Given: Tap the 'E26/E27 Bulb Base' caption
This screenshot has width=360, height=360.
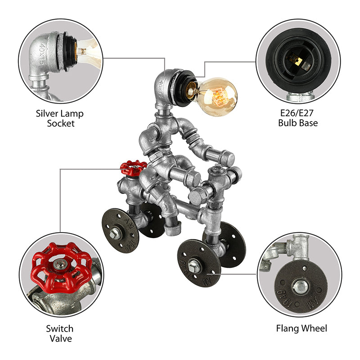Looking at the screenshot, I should click(x=298, y=118).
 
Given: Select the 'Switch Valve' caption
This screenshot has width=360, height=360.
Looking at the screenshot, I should click(x=60, y=333).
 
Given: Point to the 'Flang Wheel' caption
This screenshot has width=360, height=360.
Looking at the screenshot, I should click(x=301, y=328).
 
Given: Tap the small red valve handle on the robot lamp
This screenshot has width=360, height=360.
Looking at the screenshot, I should click(x=133, y=168).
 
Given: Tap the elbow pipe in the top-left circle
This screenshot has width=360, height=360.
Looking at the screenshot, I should click(x=43, y=54).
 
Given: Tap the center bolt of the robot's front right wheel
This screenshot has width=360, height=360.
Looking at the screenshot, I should click(x=197, y=265).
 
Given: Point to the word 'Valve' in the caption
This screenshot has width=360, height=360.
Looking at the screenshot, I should click(x=60, y=338).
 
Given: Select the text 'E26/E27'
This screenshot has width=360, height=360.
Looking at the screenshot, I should click(x=298, y=113).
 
